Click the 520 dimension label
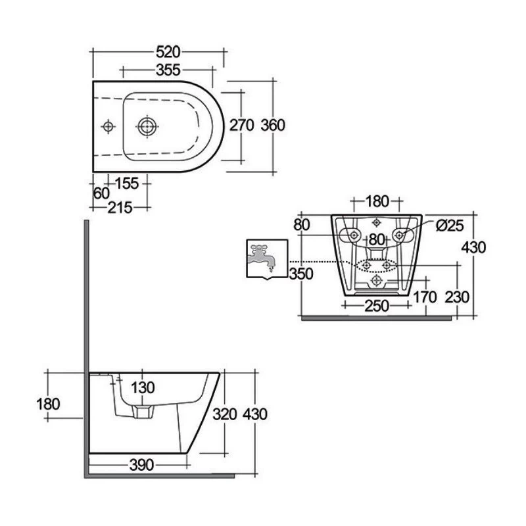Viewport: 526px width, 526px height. [168, 52]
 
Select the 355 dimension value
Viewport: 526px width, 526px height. [168, 70]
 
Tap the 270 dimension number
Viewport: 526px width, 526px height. [241, 125]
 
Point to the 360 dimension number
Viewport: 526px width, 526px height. [273, 125]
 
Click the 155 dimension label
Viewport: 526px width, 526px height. [127, 183]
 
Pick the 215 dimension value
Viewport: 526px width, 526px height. [120, 208]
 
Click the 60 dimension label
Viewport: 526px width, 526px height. [101, 193]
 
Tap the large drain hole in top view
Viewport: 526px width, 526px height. [147, 126]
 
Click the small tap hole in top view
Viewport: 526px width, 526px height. [108, 126]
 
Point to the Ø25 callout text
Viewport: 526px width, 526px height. [450, 226]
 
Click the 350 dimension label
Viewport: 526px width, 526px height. [301, 274]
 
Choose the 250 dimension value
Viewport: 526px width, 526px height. [376, 306]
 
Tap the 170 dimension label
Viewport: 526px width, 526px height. [425, 297]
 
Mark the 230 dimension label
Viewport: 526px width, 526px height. [456, 297]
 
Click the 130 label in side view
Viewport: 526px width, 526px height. [143, 388]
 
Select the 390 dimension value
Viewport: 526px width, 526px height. [141, 465]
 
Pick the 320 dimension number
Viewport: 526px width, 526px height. [225, 414]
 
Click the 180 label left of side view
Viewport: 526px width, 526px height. [48, 404]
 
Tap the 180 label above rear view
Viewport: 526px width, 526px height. [377, 201]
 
